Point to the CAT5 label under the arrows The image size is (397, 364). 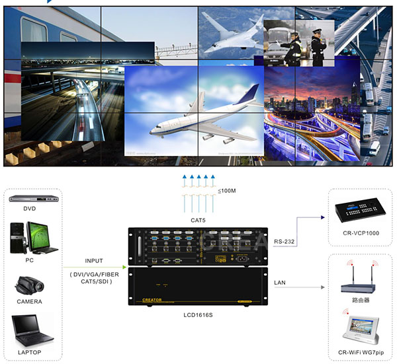tap(198, 219)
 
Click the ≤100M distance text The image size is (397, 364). tap(226, 192)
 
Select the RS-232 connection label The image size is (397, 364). tap(285, 242)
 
